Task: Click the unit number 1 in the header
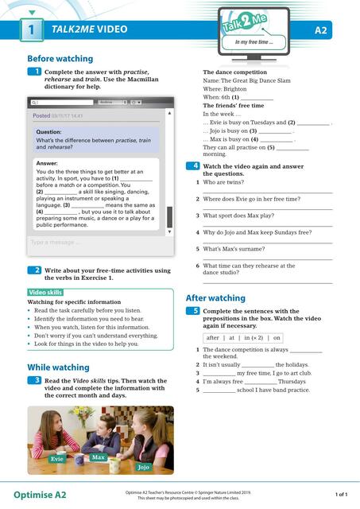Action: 29,31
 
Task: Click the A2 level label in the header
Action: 321,31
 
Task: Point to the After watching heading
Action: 215,297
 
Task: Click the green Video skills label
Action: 45,293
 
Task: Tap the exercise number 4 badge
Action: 193,166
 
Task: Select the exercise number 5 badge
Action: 193,311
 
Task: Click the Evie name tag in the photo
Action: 56,459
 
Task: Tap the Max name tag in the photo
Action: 99,457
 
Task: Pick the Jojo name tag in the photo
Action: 143,467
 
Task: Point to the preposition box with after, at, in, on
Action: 243,337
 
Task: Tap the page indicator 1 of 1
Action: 341,494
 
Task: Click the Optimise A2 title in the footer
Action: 40,494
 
